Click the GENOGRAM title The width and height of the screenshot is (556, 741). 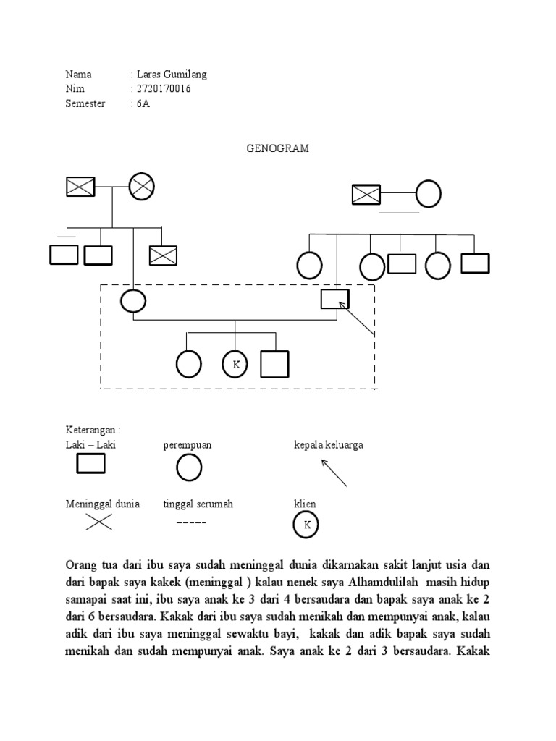(x=278, y=148)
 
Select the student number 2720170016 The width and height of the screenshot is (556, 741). (x=164, y=89)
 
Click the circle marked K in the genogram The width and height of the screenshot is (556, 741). (x=235, y=365)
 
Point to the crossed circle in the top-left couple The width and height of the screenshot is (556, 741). (x=142, y=186)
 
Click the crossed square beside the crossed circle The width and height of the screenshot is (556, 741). (x=80, y=187)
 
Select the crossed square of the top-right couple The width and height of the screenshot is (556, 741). (x=366, y=194)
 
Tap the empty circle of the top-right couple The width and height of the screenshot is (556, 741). (x=429, y=194)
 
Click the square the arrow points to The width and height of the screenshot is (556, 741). (x=335, y=298)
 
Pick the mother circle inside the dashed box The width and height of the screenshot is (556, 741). (x=133, y=300)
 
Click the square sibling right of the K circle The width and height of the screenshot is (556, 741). (x=274, y=365)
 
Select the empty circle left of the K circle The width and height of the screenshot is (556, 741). (x=189, y=364)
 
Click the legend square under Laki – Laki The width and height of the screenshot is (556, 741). (x=90, y=466)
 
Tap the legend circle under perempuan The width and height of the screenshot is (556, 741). (x=189, y=468)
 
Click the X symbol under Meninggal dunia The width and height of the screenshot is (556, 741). (x=98, y=523)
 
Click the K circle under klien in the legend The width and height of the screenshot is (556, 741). (x=307, y=525)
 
